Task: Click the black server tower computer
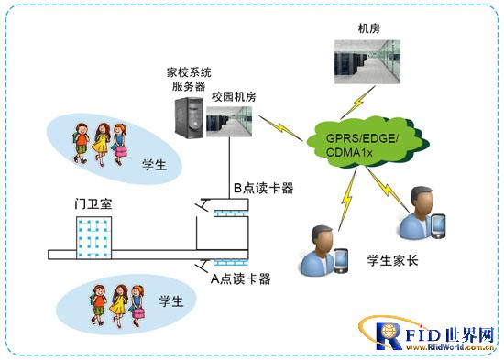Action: (x=188, y=118)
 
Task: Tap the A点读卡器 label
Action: (x=241, y=278)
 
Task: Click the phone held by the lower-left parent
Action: (x=341, y=261)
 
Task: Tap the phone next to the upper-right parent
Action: (x=437, y=223)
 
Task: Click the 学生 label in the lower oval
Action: (x=171, y=300)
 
